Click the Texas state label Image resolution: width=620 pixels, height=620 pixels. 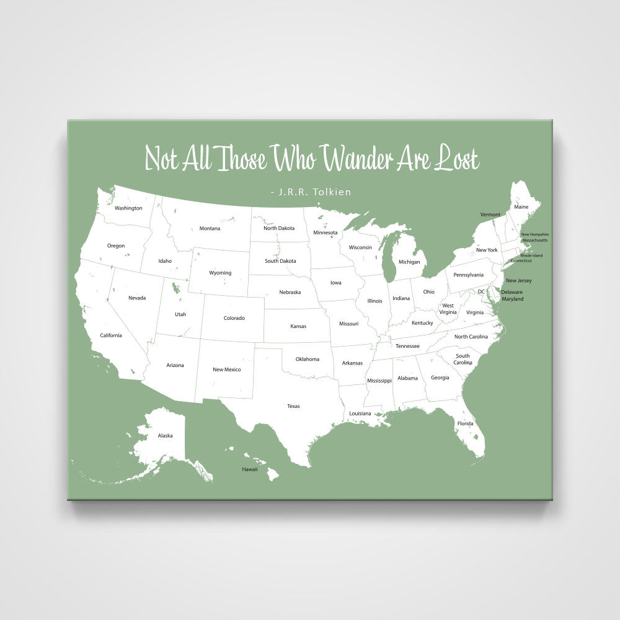click(x=293, y=406)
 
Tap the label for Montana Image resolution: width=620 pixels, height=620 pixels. click(x=210, y=228)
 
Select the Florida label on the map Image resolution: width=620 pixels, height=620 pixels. click(x=465, y=423)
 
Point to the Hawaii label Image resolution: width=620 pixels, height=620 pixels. click(x=249, y=469)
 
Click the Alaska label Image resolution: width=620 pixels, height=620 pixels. click(x=165, y=435)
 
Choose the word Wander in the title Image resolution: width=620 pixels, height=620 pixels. click(x=357, y=159)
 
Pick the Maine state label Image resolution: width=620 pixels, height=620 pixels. click(x=521, y=206)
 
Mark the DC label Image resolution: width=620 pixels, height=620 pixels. click(x=481, y=291)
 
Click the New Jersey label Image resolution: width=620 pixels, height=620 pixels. click(x=518, y=281)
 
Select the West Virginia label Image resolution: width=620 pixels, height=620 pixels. click(x=448, y=309)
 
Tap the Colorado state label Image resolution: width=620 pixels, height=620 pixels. click(x=234, y=318)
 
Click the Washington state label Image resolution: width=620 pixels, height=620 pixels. click(x=128, y=208)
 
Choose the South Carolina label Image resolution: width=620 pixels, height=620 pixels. click(x=463, y=359)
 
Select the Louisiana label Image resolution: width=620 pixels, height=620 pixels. click(x=360, y=413)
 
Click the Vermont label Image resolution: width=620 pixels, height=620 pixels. click(x=490, y=215)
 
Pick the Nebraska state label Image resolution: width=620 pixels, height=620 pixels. click(x=290, y=292)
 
